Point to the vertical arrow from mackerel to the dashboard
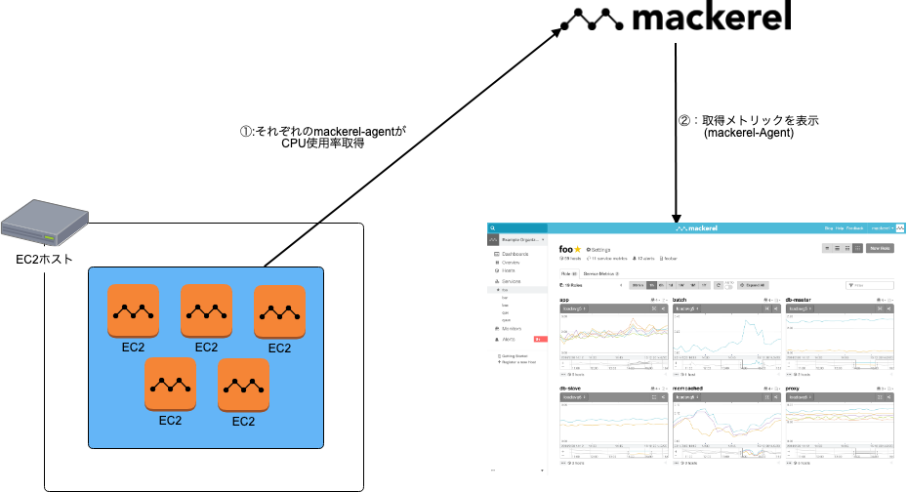[x=675, y=137]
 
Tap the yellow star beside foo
[x=577, y=249]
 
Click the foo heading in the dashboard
[x=565, y=249]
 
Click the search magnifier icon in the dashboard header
[x=493, y=228]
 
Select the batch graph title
[x=680, y=299]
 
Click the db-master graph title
[x=798, y=299]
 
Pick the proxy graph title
[x=793, y=389]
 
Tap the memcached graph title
[x=688, y=389]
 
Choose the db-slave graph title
[x=571, y=389]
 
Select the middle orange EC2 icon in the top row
[x=206, y=310]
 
